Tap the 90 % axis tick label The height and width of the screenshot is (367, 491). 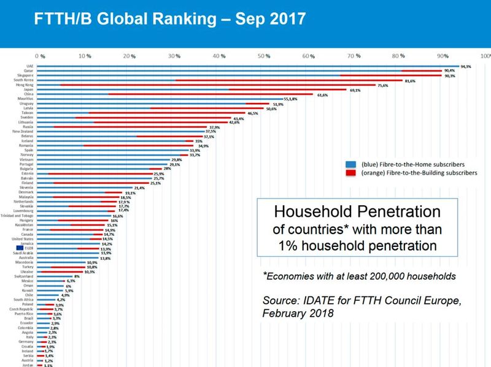(x=443, y=56)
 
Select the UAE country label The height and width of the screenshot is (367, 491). (x=29, y=66)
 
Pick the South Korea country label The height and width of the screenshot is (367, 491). (x=23, y=80)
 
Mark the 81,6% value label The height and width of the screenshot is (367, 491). (x=410, y=80)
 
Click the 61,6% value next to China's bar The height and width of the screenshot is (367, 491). (x=322, y=94)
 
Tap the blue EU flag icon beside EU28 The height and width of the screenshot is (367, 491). (x=20, y=248)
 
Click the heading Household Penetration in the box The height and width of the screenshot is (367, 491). (x=357, y=213)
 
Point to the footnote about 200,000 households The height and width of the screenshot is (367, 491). (x=359, y=276)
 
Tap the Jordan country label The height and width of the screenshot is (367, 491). (x=27, y=365)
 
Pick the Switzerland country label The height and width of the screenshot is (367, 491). (x=23, y=276)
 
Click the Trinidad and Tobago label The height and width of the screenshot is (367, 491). (x=17, y=216)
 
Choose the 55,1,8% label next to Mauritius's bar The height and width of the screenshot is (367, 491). (x=290, y=99)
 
